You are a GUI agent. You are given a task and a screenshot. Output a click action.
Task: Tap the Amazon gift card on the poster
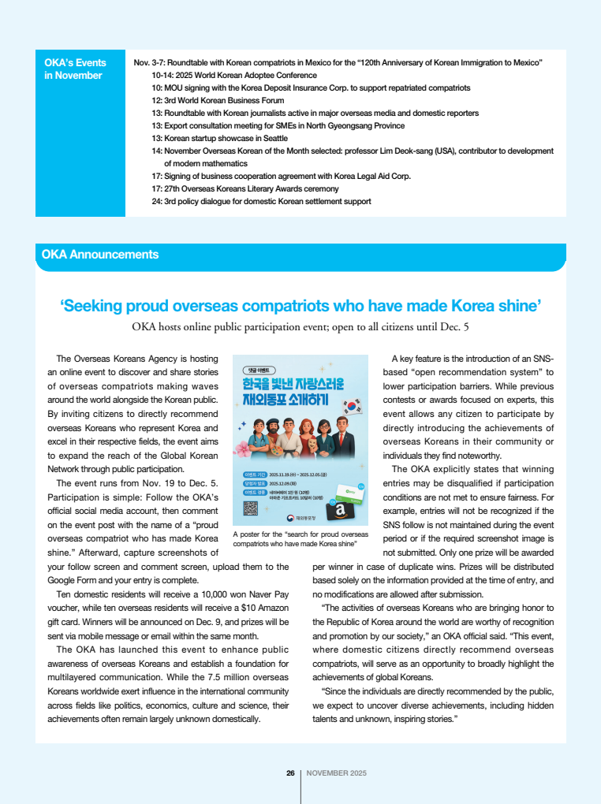[x=341, y=511]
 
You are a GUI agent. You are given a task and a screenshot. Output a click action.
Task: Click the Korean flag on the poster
[x=353, y=407]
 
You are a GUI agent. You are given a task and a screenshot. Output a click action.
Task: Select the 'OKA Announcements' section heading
[x=100, y=255]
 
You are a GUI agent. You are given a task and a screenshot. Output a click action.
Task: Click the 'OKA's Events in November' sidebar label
[x=75, y=69]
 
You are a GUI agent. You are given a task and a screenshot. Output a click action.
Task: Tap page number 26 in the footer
[x=290, y=773]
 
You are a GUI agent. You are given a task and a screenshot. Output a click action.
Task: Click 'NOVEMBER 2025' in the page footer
[x=336, y=773]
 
